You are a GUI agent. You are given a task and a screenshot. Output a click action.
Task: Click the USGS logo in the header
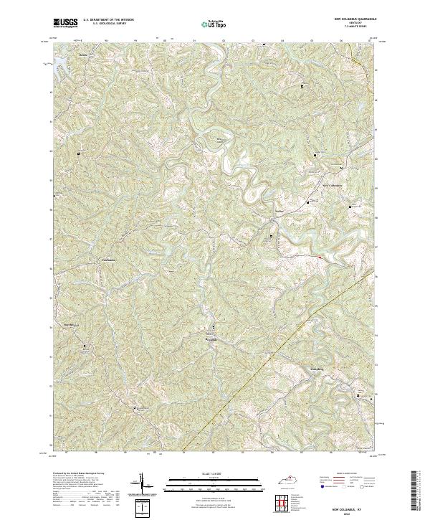tap(65, 23)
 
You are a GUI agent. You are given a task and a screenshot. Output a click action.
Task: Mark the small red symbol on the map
tap(319, 255)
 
